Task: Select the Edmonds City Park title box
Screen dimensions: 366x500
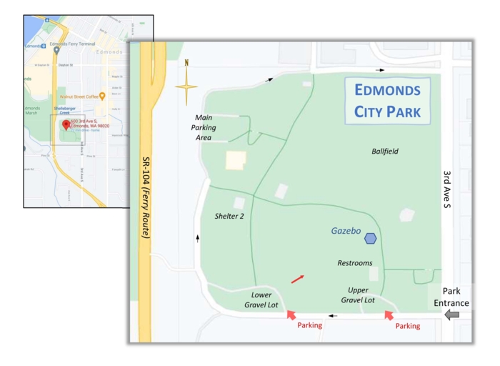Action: click(387, 102)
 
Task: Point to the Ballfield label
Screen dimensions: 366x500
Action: click(385, 152)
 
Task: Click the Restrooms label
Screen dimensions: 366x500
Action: click(355, 263)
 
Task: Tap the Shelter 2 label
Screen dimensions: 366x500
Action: click(230, 216)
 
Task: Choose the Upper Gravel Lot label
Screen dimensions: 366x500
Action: click(358, 295)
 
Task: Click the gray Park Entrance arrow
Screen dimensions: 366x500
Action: click(451, 315)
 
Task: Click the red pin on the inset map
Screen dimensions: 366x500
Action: click(66, 124)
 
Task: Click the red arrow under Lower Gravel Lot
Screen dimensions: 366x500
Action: click(291, 314)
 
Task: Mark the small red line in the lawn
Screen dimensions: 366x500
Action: click(297, 279)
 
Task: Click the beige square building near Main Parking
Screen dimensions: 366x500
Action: click(236, 160)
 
